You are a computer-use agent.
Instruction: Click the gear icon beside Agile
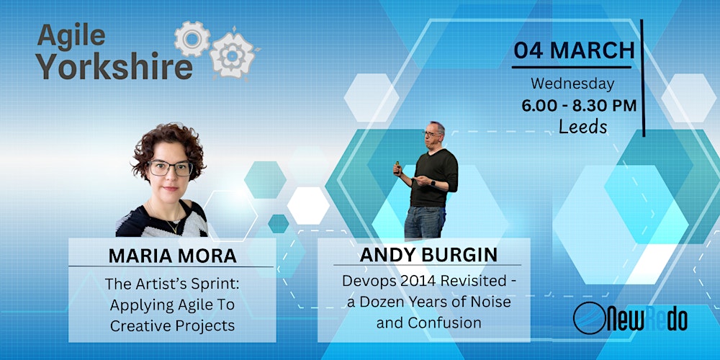[192, 39]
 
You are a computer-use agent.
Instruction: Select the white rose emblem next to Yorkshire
[233, 55]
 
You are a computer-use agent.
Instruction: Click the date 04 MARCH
[573, 51]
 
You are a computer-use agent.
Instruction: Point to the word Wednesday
[572, 84]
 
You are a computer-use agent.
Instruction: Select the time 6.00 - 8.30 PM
[579, 106]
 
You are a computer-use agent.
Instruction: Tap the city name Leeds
[582, 127]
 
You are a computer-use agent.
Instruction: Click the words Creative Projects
[172, 325]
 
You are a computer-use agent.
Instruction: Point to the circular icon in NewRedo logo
[589, 318]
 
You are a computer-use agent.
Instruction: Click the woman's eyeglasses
[170, 168]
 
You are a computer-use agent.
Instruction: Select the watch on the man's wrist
[431, 183]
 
